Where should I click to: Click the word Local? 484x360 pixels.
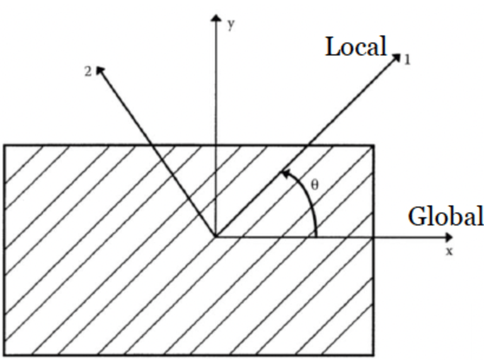tap(355, 47)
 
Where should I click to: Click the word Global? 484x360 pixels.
tap(446, 216)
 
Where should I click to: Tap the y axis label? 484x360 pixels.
tap(232, 26)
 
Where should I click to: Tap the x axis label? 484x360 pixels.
tap(449, 251)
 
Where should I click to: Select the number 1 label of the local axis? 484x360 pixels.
tap(407, 61)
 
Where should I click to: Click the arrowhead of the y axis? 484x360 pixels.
tap(216, 17)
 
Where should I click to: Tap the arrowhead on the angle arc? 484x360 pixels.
tap(285, 171)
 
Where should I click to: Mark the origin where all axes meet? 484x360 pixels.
tap(216, 237)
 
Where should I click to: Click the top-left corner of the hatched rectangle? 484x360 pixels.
tap(5, 146)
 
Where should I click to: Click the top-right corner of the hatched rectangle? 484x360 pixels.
tap(374, 146)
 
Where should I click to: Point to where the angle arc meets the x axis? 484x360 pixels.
tap(316, 237)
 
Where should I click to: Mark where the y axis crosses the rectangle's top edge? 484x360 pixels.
tap(216, 146)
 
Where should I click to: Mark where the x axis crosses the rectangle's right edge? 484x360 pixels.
tap(374, 237)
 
